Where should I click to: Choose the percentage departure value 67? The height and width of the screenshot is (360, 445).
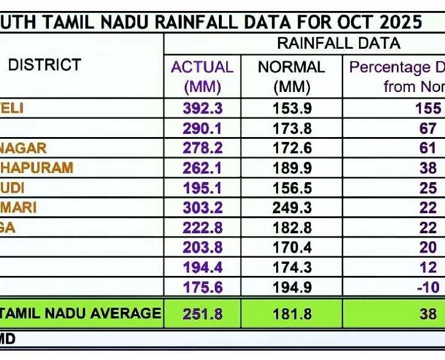(428, 129)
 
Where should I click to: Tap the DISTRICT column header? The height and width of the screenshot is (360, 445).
(44, 65)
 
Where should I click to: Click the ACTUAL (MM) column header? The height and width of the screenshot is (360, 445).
(202, 76)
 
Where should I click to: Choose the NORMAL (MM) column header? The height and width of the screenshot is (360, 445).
(291, 76)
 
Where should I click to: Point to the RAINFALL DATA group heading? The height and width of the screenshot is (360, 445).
(338, 43)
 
